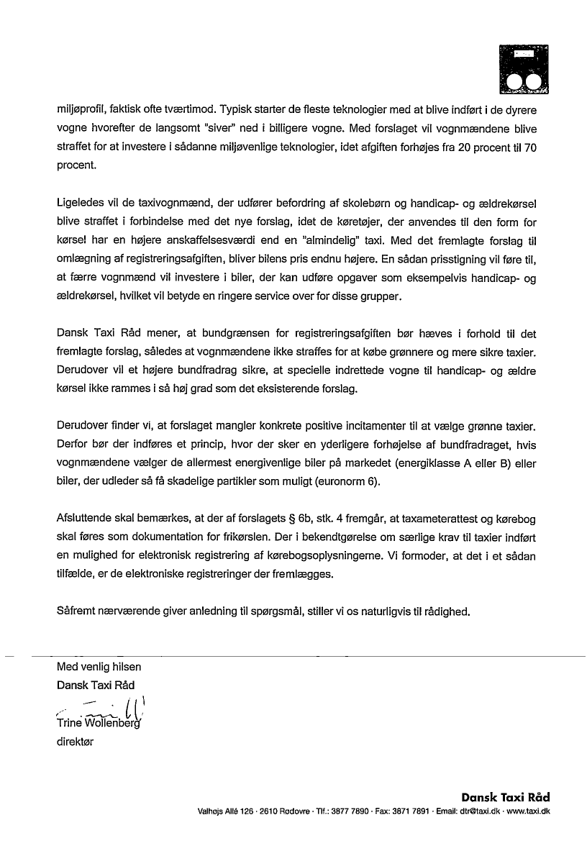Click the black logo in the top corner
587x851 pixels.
click(524, 70)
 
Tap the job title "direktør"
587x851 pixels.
click(75, 742)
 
